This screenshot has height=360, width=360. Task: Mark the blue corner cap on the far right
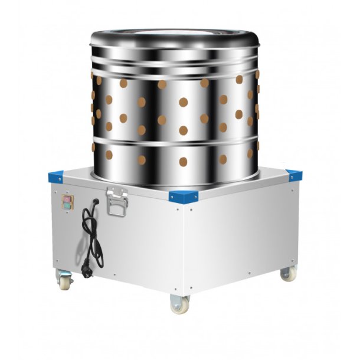(x=293, y=175)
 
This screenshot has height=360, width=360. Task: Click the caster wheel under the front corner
(x=179, y=306)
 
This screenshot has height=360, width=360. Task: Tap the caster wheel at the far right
(x=287, y=273)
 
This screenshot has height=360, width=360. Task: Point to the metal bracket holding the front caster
(x=179, y=295)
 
